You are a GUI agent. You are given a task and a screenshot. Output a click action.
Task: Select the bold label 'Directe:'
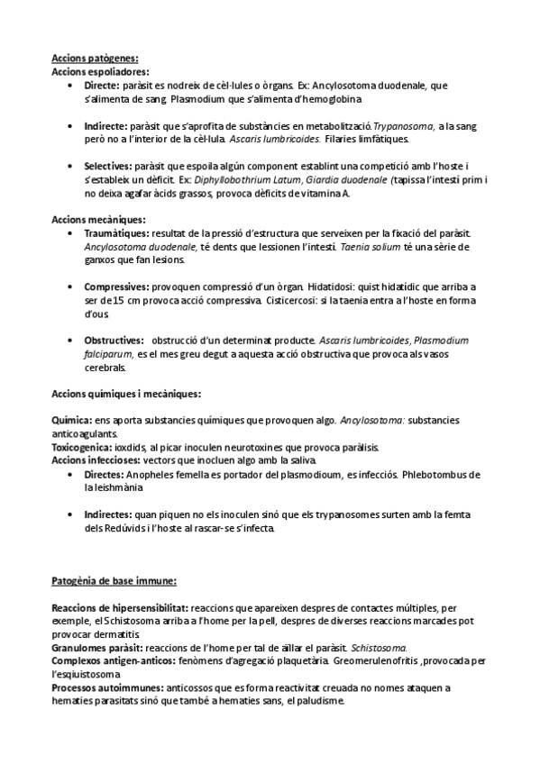click(105, 85)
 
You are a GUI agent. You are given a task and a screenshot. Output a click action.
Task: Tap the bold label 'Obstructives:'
click(114, 341)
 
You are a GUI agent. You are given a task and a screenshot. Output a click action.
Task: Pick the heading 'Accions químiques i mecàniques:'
click(126, 394)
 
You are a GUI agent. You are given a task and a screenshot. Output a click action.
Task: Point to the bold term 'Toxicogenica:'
click(82, 447)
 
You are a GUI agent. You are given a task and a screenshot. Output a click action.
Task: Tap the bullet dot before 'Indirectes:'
click(71, 514)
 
